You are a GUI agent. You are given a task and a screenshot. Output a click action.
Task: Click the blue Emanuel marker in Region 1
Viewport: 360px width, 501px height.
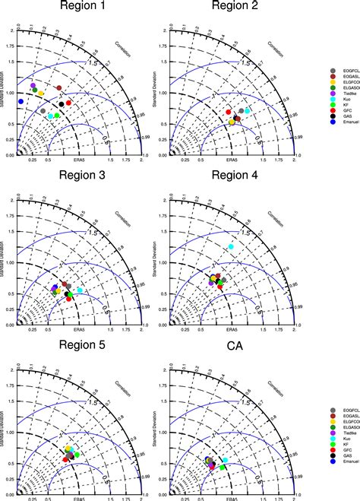click(x=21, y=100)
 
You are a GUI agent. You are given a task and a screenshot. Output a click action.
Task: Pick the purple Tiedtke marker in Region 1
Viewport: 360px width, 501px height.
click(x=33, y=86)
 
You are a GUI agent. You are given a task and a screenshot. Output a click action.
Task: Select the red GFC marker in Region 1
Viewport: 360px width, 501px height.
click(x=69, y=103)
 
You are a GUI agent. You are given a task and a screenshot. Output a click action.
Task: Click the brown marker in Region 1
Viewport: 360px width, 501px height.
click(x=58, y=88)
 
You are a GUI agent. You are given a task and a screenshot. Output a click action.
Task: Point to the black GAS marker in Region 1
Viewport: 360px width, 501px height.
click(x=62, y=104)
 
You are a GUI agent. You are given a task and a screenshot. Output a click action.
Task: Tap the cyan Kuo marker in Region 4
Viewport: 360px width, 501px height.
click(x=232, y=247)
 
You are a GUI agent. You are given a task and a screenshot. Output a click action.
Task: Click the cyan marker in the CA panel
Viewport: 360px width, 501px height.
click(x=225, y=439)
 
